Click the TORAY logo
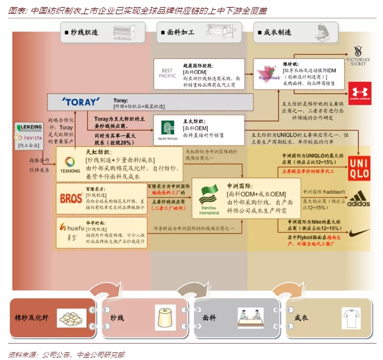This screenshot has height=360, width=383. point(81,102)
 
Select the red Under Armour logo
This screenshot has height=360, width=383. point(359,92)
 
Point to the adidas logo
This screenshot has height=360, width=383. point(359,197)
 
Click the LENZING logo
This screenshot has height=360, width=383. point(29,127)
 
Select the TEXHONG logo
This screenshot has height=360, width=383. point(70,164)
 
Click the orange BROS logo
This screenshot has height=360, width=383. point(71,198)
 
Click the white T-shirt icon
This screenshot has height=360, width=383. point(351,317)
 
